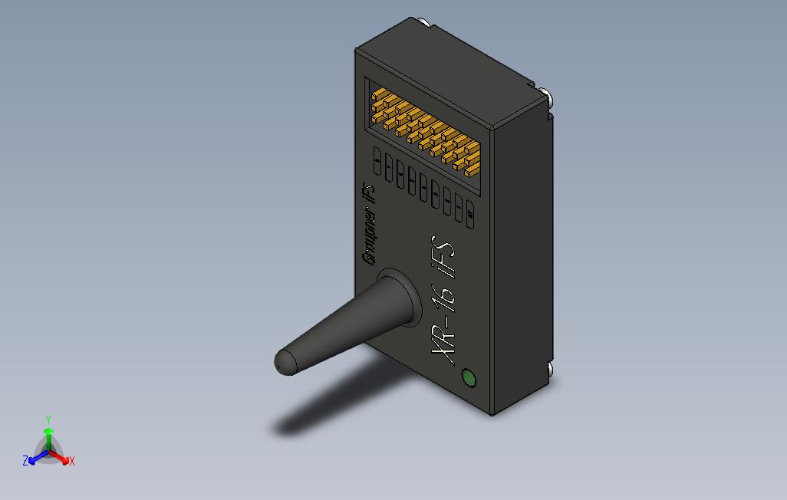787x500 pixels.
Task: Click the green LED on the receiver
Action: click(467, 378)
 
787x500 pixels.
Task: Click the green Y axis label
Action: click(48, 419)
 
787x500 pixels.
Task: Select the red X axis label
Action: click(72, 461)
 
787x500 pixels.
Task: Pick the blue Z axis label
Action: click(25, 461)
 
